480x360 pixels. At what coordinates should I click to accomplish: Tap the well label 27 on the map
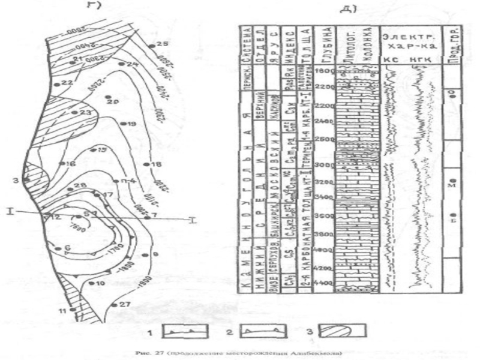tap(124, 304)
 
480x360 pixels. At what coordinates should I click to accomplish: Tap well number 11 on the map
tap(62, 310)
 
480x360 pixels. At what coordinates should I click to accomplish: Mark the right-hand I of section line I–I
tap(191, 220)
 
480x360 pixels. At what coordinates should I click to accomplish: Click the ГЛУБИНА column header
tap(325, 43)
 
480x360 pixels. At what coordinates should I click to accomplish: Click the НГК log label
tap(422, 60)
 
